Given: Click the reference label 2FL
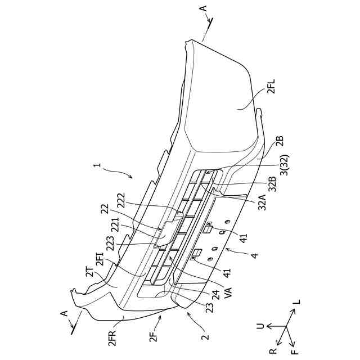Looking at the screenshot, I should click(x=271, y=88).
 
